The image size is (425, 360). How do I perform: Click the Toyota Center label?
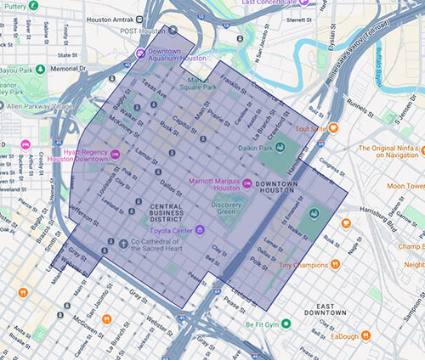click(167, 228)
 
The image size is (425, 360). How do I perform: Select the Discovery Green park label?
click(227, 209)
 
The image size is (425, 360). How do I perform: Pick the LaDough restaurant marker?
click(361, 336)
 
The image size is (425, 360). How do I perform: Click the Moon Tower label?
click(405, 186)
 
